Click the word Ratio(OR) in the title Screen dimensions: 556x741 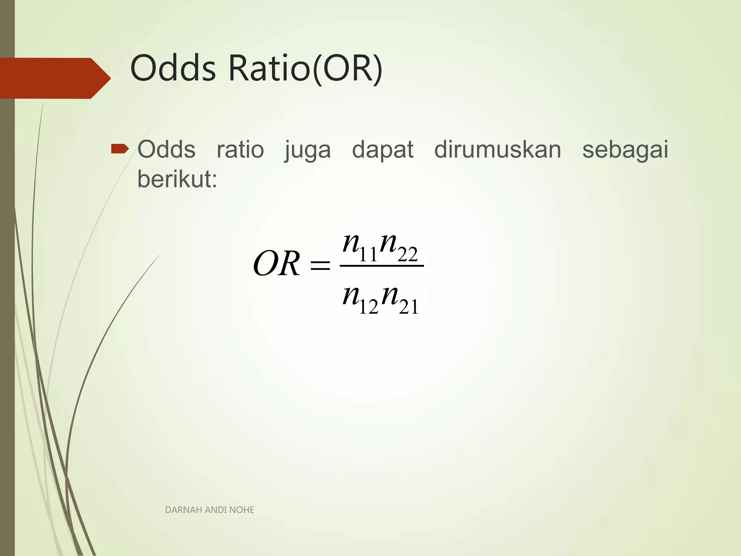coord(305,68)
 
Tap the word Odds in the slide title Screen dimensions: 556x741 coord(173,68)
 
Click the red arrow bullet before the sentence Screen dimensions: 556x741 coord(120,149)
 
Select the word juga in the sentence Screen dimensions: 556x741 coord(308,150)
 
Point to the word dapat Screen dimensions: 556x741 coord(382,149)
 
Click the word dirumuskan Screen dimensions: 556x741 coord(497,149)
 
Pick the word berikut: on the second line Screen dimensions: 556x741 coord(177,179)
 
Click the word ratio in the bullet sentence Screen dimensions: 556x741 coord(240,149)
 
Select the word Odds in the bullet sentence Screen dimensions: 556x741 coord(166,149)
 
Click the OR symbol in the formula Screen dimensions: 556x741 coord(277,264)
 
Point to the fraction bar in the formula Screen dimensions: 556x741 coord(382,266)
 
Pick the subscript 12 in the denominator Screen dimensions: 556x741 coord(368,307)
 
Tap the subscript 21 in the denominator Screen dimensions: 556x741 coord(408,307)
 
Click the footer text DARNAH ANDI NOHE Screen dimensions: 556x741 coord(209,510)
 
